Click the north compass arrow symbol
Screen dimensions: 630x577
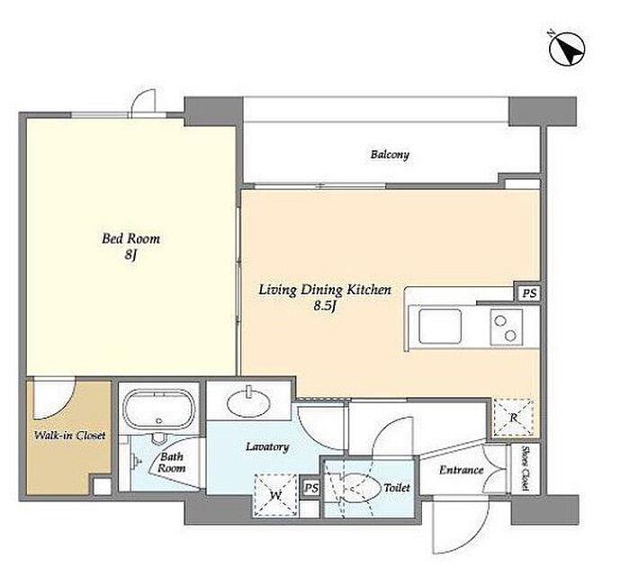[567, 49]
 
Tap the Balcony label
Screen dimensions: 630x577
[390, 155]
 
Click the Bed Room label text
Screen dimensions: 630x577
[130, 239]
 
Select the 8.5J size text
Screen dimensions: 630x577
[325, 306]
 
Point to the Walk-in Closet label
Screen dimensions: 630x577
[69, 435]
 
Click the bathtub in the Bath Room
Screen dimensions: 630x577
[159, 409]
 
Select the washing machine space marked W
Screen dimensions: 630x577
[276, 495]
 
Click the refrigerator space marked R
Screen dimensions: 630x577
[513, 418]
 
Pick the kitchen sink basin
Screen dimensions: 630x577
[440, 326]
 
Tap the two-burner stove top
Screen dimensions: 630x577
[506, 327]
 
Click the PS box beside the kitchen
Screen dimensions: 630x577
[529, 293]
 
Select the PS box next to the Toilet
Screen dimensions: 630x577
[311, 488]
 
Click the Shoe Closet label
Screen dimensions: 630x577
[525, 468]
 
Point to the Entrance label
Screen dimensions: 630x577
[461, 470]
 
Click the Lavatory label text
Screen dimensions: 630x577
[267, 446]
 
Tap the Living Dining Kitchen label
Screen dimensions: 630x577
[325, 290]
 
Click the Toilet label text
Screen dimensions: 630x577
[397, 488]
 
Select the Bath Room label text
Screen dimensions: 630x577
[172, 463]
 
